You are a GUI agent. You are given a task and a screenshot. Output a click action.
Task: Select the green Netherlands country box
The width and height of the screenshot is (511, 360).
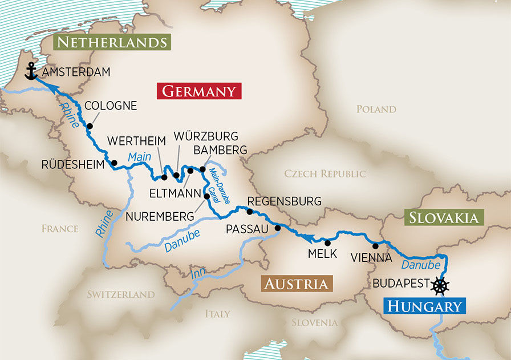(x=112, y=42)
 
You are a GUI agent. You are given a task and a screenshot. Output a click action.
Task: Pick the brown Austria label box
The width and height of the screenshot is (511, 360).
(x=295, y=284)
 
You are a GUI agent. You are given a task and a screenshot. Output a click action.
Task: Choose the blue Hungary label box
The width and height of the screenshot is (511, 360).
(x=425, y=306)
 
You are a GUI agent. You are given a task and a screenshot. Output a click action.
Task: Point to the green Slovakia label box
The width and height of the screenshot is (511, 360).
(x=444, y=217)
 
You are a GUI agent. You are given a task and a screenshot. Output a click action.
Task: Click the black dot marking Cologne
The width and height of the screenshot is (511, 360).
(x=90, y=126)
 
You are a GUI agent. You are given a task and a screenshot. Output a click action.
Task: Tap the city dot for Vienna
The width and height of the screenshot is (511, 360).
(x=375, y=246)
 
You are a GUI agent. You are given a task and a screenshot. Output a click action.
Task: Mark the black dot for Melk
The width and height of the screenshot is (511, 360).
(x=327, y=243)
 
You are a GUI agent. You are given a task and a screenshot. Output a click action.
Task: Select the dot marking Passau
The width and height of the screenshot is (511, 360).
(x=278, y=228)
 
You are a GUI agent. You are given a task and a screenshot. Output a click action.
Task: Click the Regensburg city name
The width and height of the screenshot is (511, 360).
(x=284, y=201)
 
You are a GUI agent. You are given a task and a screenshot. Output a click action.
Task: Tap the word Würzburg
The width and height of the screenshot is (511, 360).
(x=205, y=137)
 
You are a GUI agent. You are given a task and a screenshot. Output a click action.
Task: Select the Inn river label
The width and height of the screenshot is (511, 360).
(x=198, y=273)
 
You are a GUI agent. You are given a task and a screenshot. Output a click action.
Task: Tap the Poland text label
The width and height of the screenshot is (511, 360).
(x=376, y=109)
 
